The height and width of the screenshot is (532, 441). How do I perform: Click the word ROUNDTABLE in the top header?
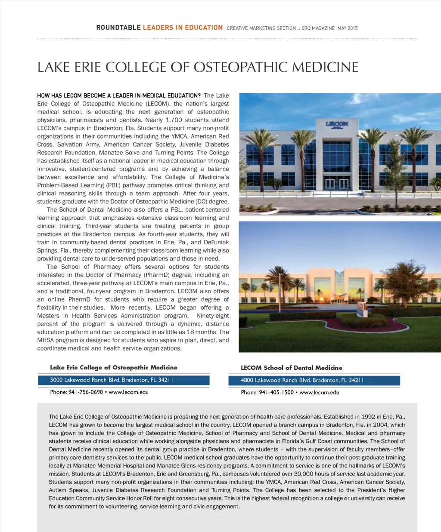tap(118, 28)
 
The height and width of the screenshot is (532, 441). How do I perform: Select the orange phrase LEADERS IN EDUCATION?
tap(183, 28)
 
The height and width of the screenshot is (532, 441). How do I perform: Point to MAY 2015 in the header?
tap(348, 28)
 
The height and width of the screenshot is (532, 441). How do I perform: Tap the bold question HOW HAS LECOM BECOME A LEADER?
tap(119, 95)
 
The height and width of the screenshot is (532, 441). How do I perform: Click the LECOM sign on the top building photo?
tap(337, 124)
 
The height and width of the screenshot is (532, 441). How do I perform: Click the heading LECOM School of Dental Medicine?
tap(291, 368)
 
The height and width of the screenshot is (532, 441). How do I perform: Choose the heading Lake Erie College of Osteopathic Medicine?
tap(113, 367)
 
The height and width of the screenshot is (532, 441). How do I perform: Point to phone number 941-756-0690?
tap(85, 392)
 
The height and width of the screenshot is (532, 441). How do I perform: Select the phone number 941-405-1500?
tap(276, 392)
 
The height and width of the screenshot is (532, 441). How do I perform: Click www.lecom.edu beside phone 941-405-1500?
tap(319, 392)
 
